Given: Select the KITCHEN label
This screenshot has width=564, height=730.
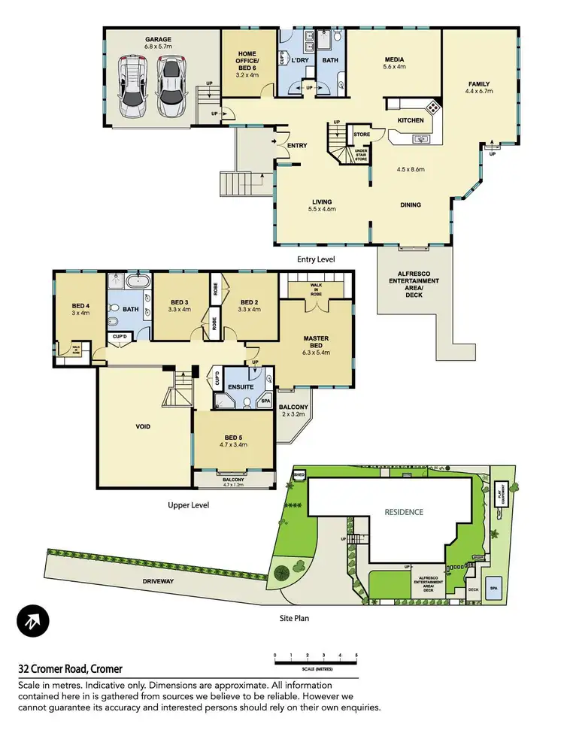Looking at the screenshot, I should (x=411, y=120).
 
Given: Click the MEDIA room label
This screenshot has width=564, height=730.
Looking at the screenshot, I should (x=395, y=62).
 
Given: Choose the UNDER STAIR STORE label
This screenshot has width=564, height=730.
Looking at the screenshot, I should (x=361, y=156).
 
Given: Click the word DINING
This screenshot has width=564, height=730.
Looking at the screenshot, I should (x=410, y=204).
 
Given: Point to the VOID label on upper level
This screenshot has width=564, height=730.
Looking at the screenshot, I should (x=143, y=426).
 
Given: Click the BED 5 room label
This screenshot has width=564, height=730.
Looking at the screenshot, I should (x=232, y=441).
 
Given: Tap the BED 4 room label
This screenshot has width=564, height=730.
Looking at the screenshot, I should (x=80, y=309).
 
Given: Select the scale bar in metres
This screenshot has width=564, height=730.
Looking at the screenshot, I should (x=315, y=659).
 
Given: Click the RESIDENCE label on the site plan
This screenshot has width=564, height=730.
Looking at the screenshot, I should (x=404, y=512).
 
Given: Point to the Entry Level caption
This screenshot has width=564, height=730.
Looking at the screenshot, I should (x=315, y=259).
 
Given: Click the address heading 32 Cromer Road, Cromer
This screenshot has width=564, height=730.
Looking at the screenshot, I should (x=70, y=669).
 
